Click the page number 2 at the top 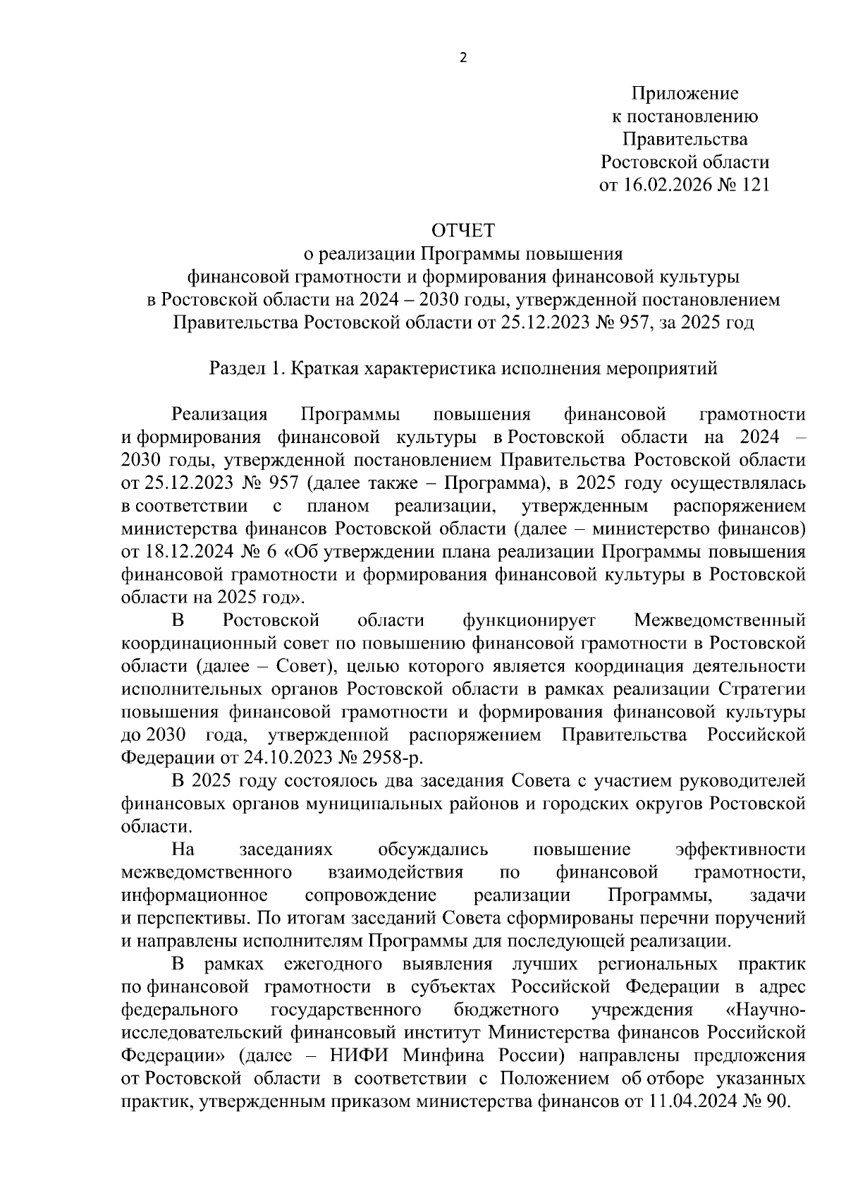[462, 59]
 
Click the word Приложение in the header [685, 93]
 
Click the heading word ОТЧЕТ [463, 231]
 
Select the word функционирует [529, 620]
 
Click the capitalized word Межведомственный [720, 620]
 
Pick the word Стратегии [761, 689]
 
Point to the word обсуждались [434, 849]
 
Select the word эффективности [740, 849]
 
